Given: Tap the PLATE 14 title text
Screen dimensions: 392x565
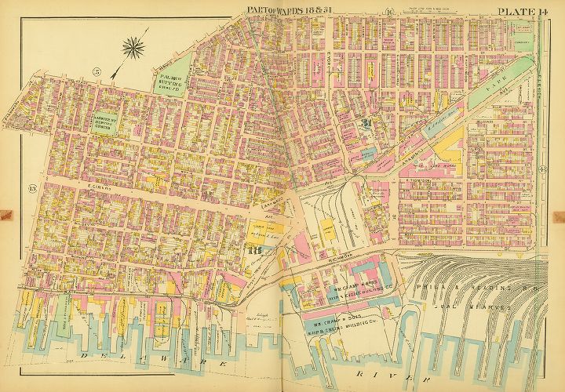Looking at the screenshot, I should [519, 9].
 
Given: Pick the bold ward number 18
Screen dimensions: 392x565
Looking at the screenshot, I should [253, 250].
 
